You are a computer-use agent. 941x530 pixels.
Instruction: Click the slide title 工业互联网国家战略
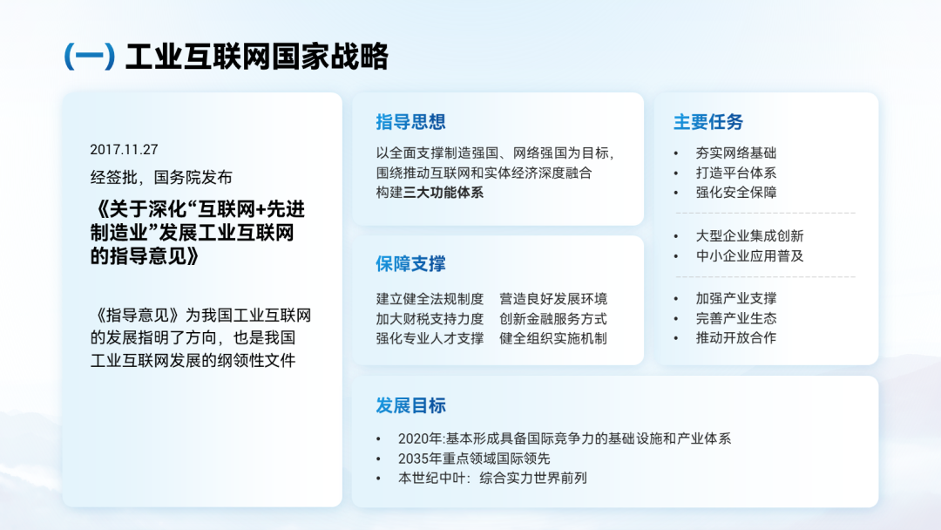pyautogui.click(x=257, y=57)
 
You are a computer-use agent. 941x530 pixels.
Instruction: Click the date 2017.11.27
pyautogui.click(x=124, y=149)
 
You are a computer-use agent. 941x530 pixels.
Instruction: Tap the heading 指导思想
pyautogui.click(x=410, y=122)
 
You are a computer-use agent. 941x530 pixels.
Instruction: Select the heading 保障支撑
pyautogui.click(x=410, y=263)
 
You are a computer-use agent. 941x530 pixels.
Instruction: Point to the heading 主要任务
pyautogui.click(x=708, y=122)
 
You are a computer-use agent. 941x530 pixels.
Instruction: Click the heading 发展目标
pyautogui.click(x=410, y=405)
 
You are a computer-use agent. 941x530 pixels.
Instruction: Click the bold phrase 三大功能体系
pyautogui.click(x=443, y=193)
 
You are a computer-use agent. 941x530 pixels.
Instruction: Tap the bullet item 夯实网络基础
pyautogui.click(x=735, y=153)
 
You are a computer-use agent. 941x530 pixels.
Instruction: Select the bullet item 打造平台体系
pyautogui.click(x=735, y=173)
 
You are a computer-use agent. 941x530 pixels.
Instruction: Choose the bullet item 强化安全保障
pyautogui.click(x=735, y=193)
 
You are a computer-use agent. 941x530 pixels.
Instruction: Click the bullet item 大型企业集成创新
pyautogui.click(x=749, y=236)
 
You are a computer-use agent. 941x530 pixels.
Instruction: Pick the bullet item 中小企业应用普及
pyautogui.click(x=749, y=255)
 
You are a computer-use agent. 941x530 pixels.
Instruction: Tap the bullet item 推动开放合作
pyautogui.click(x=735, y=338)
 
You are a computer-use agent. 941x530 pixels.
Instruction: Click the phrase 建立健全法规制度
pyautogui.click(x=430, y=299)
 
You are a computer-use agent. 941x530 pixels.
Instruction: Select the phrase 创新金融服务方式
pyautogui.click(x=552, y=319)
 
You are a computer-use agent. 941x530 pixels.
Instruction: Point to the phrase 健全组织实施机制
pyautogui.click(x=552, y=338)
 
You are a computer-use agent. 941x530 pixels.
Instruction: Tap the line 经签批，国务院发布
pyautogui.click(x=161, y=177)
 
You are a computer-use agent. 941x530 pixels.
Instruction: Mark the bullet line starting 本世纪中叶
pyautogui.click(x=492, y=479)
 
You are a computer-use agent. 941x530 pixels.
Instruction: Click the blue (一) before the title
pyautogui.click(x=90, y=57)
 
